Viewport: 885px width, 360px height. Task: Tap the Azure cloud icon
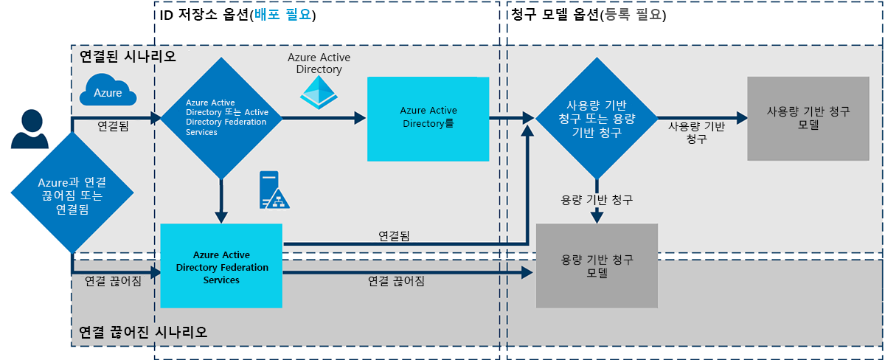point(108,91)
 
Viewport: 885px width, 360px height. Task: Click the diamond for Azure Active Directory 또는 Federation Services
point(222,118)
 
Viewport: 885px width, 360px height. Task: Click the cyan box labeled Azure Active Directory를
point(428,118)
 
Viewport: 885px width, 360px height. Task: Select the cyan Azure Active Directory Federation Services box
point(222,266)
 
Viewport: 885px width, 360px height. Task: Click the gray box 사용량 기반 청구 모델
point(808,118)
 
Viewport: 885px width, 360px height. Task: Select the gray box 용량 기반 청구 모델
point(597,266)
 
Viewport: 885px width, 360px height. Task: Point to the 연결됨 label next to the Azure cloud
point(113,126)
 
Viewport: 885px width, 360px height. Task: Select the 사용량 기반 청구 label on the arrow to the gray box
point(696,132)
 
